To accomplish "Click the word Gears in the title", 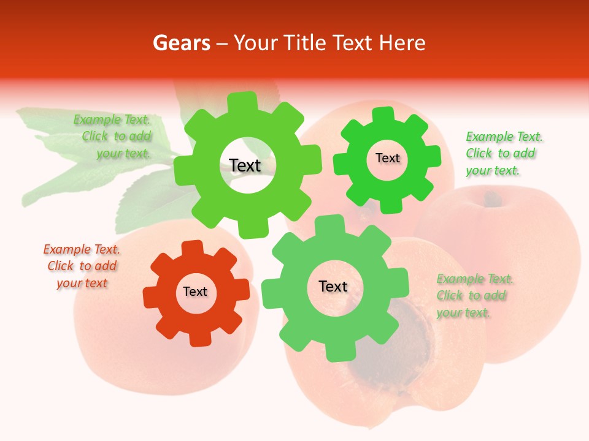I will (x=181, y=43).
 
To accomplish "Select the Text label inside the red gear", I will (x=195, y=292).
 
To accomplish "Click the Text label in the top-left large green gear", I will (x=245, y=165).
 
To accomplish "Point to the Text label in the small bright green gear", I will (x=387, y=158).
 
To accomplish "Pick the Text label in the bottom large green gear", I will (x=333, y=286).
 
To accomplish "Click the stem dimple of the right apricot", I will (x=491, y=198).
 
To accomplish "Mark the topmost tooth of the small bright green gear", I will (x=383, y=115).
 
